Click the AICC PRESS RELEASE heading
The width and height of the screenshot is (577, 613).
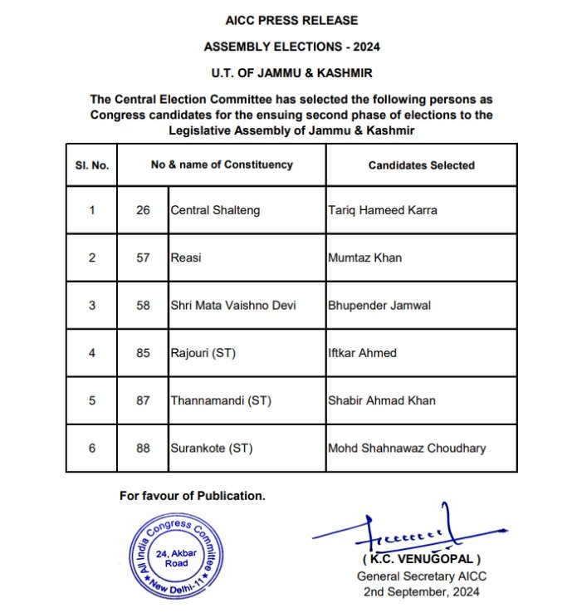coord(291,19)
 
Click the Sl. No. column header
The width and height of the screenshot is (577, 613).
coord(91,165)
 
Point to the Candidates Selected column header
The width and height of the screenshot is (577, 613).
coord(421,165)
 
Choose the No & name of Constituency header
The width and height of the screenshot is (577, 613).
coord(222,164)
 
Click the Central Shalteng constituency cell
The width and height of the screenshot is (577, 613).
coord(215,210)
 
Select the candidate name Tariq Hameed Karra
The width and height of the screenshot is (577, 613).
coord(383,210)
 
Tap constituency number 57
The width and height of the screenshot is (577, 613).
coord(143,257)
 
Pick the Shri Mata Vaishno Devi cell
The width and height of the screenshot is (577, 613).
coord(233,306)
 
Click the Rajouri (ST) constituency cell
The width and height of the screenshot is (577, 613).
coord(203,353)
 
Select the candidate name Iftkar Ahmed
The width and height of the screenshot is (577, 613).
coord(363,353)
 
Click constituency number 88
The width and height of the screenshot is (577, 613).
coord(143,449)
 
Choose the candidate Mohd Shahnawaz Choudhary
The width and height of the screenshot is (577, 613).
coord(407,449)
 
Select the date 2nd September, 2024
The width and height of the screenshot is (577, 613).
coord(421,591)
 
